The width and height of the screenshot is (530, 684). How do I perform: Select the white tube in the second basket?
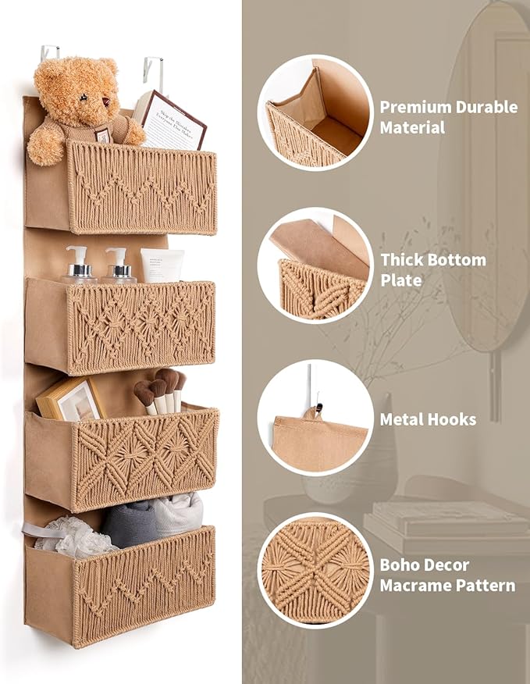pos(162,265)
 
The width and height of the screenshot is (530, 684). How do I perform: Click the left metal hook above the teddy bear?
pos(48,55)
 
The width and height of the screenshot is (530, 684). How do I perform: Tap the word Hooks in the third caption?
pos(453,419)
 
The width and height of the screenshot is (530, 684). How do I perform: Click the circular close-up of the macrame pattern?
pos(315,570)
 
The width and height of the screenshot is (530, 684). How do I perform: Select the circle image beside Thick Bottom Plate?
pos(315,265)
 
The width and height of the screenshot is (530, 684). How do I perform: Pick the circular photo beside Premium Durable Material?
pos(315,112)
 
